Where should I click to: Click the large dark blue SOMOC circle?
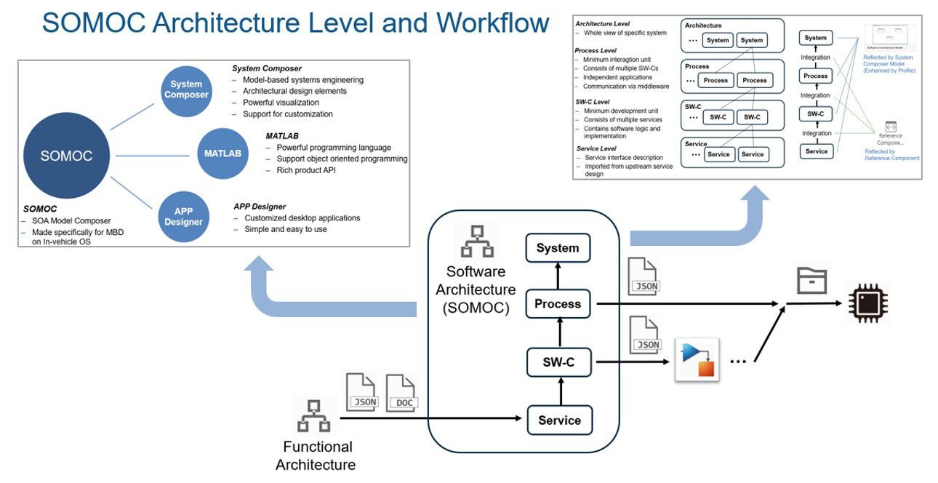click(66, 155)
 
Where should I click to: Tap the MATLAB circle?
click(222, 153)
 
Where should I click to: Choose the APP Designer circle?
click(183, 216)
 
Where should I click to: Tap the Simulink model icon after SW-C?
click(697, 359)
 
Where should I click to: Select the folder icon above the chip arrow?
click(812, 279)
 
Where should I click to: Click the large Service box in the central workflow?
click(558, 420)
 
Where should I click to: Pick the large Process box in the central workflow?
click(558, 303)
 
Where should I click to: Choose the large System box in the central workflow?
click(558, 248)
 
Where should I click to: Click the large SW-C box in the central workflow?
click(558, 362)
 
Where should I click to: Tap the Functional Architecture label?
click(317, 455)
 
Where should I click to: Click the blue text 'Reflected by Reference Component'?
click(891, 155)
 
